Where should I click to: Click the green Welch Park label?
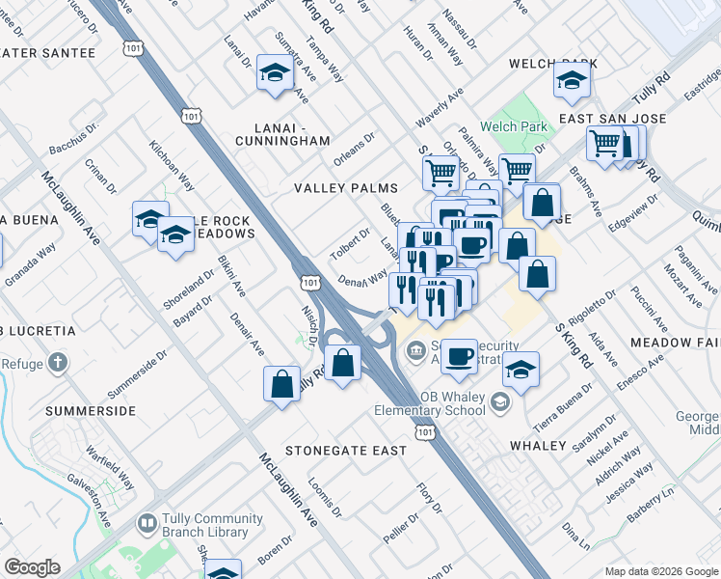514,126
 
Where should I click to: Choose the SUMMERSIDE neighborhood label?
91,411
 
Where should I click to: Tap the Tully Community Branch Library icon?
147,524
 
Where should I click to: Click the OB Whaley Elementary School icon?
500,400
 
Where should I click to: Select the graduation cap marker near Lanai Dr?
275,72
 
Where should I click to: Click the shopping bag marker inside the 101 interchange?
343,364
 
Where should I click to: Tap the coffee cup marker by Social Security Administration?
459,354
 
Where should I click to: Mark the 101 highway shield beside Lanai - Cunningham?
192,116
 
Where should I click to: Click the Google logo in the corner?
33,567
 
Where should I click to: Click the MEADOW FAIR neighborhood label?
675,343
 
